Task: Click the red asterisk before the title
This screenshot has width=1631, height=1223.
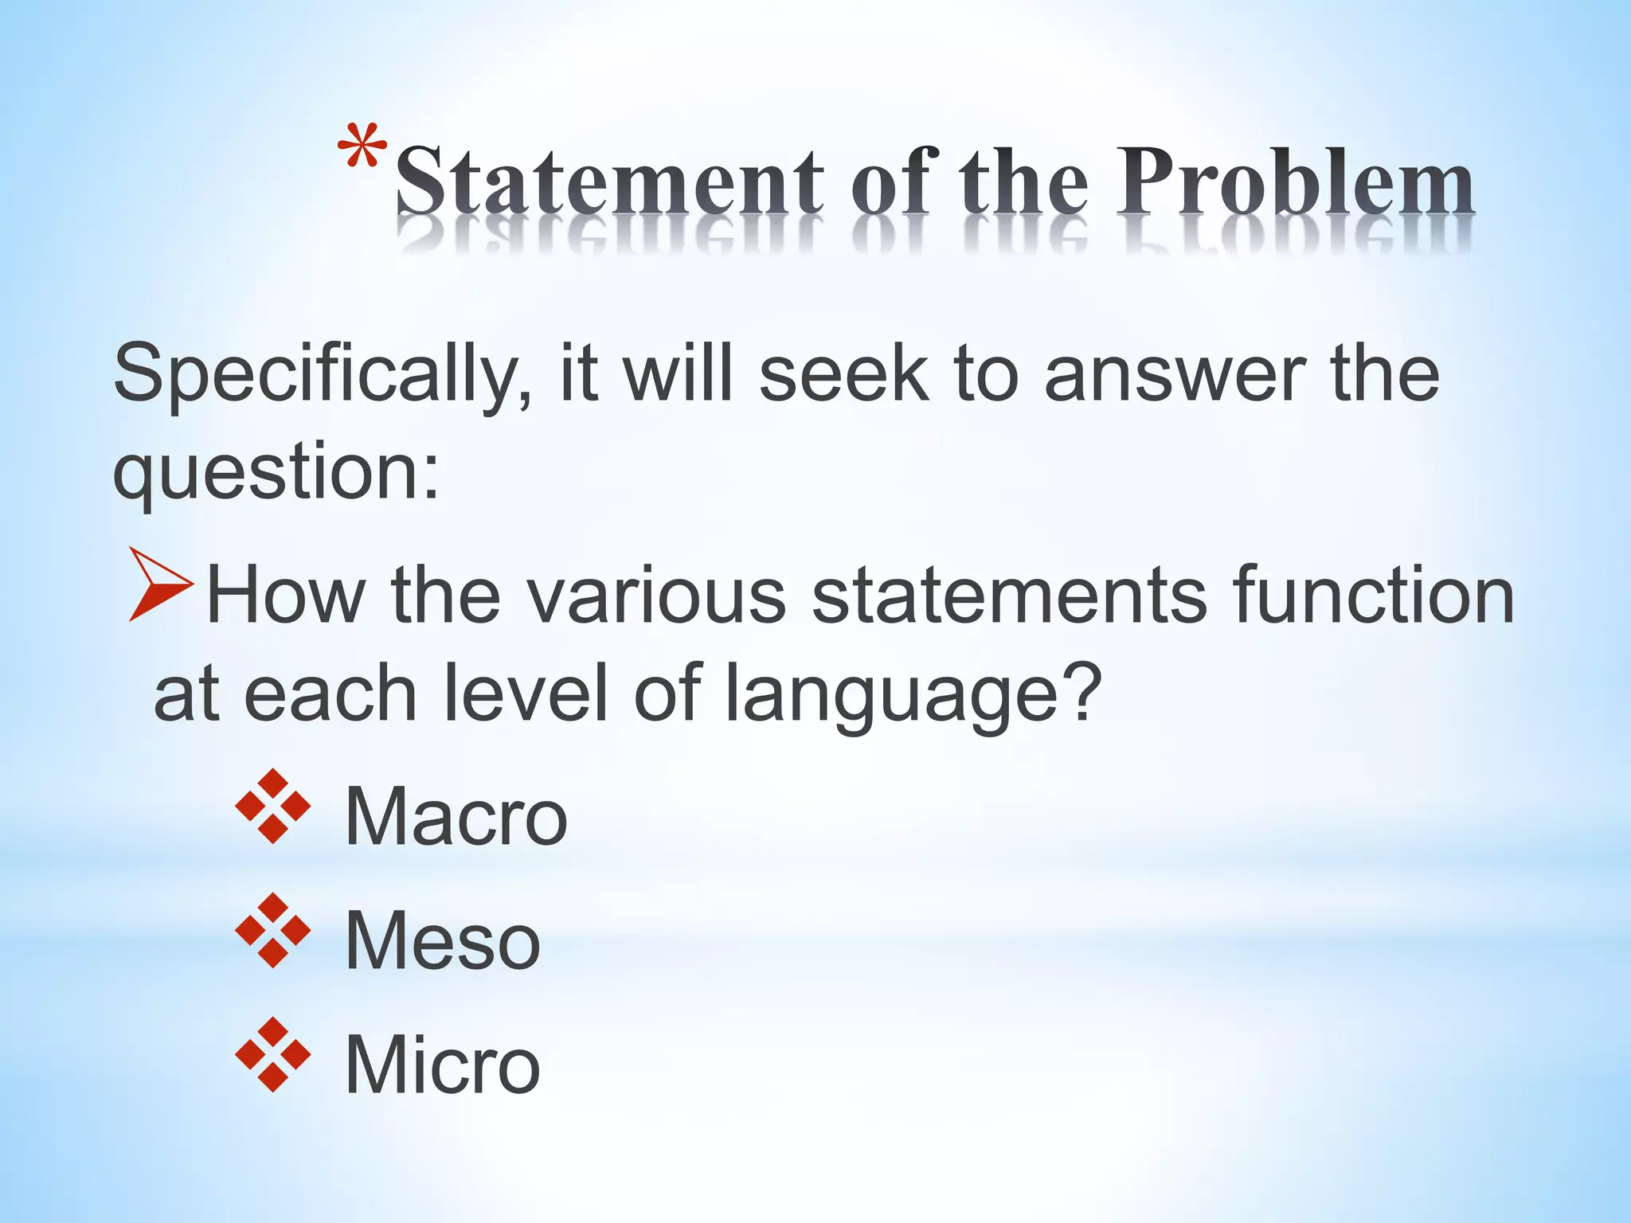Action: [x=362, y=149]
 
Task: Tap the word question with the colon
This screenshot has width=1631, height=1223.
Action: [x=275, y=475]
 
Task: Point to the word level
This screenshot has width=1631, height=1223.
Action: [x=525, y=694]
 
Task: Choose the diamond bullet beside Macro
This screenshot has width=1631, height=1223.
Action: [x=273, y=806]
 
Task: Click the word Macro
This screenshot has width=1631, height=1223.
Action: [x=456, y=817]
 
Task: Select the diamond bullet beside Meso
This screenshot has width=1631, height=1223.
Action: [x=273, y=930]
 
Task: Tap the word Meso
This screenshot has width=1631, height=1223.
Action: [x=442, y=941]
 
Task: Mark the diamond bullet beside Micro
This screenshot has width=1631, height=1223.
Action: [x=273, y=1054]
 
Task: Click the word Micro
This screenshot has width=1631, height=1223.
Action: [x=442, y=1065]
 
